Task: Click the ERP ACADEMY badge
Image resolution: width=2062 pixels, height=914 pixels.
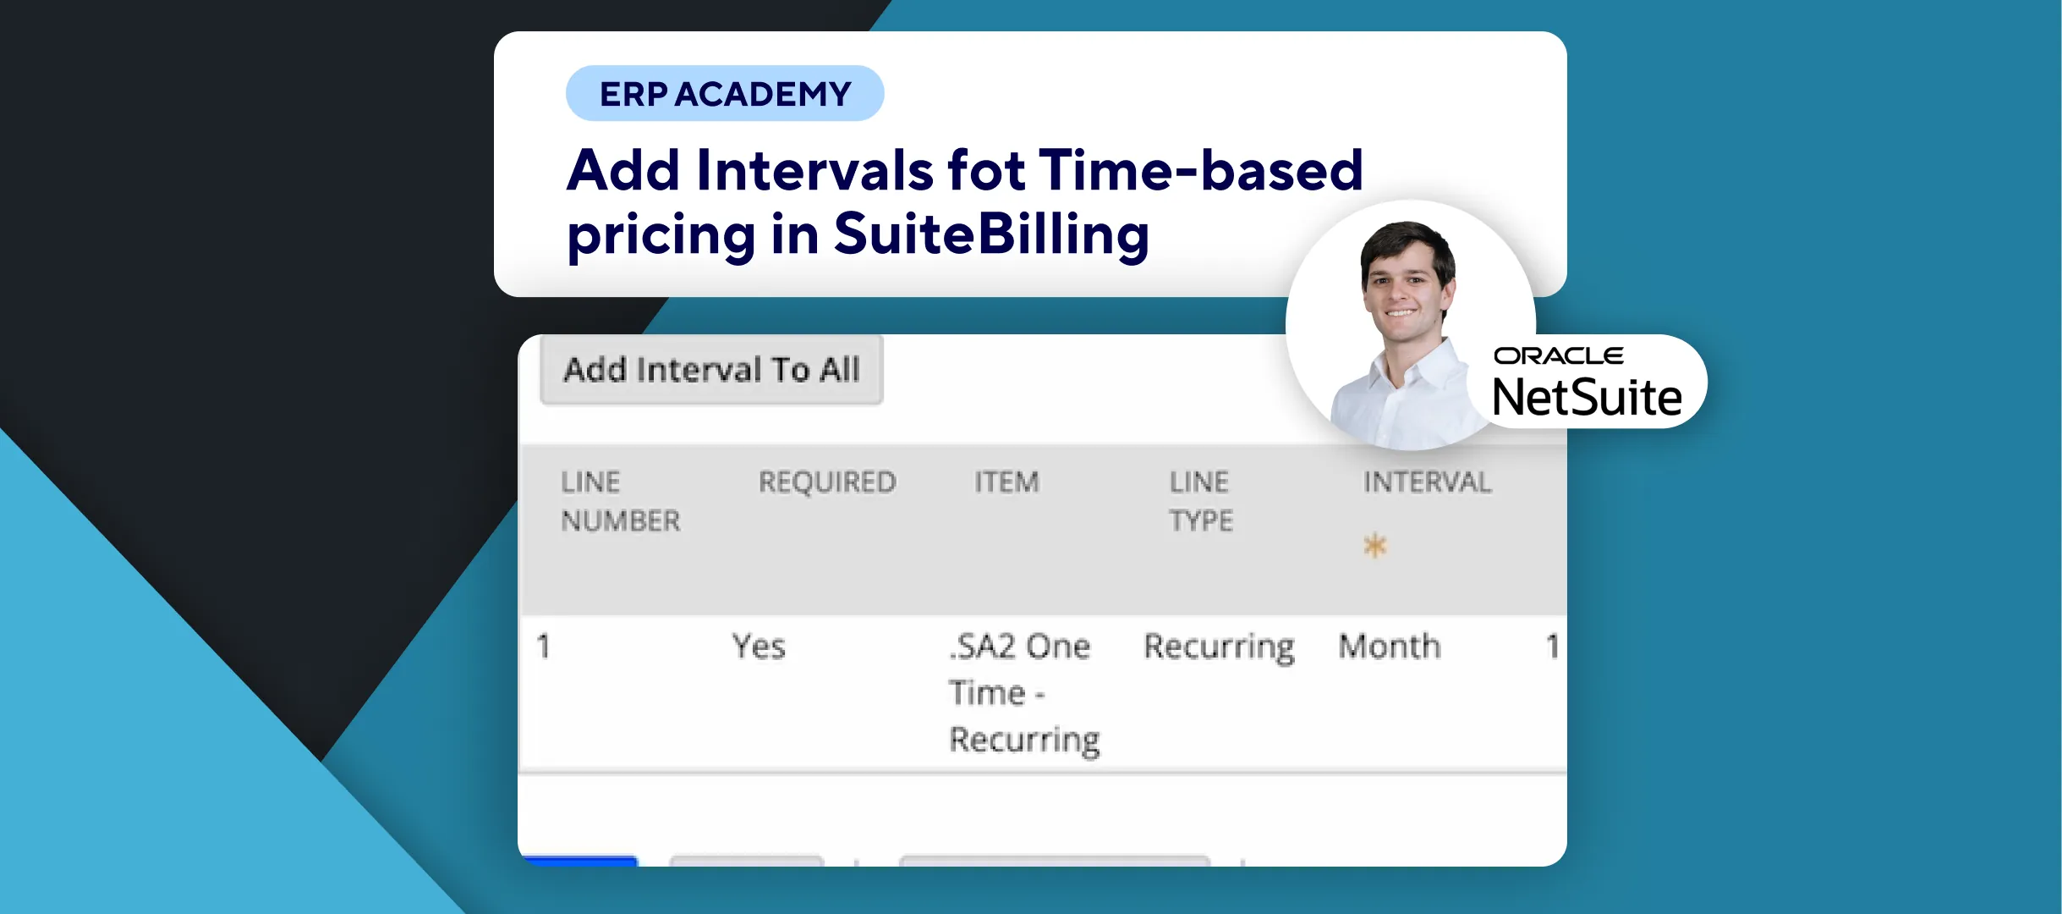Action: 725,93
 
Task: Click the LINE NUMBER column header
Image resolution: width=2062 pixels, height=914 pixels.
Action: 620,501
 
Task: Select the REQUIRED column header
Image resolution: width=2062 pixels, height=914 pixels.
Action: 827,482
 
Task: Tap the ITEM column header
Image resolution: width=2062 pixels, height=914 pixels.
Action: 1006,482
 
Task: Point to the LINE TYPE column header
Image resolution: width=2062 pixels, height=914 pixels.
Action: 1201,501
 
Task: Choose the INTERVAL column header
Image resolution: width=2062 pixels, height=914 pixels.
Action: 1428,482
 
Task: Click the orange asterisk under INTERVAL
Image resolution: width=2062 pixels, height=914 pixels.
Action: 1375,546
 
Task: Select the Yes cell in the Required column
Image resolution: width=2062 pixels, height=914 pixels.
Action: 759,647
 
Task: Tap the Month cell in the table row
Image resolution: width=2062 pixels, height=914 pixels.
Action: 1390,647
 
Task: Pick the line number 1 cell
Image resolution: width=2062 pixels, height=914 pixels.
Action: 543,647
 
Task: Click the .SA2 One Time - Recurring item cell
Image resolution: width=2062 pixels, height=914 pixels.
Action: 1023,693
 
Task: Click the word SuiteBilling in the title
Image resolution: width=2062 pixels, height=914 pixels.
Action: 991,234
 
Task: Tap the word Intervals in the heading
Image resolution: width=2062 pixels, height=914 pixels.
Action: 814,170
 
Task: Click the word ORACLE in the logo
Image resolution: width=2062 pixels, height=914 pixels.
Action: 1559,356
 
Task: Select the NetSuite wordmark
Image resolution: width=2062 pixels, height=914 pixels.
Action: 1588,397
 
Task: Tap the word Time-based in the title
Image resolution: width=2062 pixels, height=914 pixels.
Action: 1201,170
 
